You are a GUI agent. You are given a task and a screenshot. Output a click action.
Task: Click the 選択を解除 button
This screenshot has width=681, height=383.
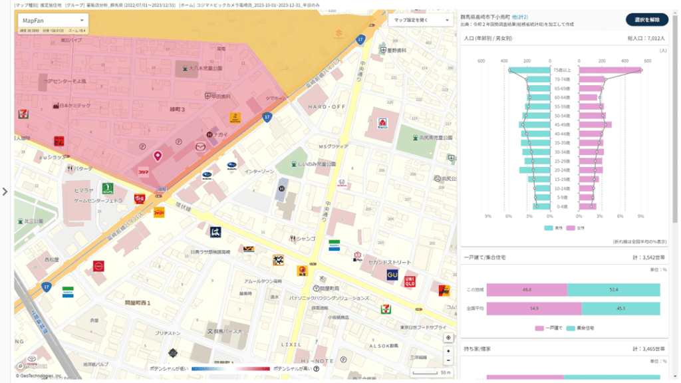646,19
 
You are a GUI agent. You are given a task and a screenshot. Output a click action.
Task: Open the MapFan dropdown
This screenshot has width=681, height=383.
52,21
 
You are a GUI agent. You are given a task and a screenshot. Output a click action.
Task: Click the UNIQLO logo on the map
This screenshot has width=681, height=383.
410,280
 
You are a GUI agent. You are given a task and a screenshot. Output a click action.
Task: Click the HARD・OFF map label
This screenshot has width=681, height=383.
327,106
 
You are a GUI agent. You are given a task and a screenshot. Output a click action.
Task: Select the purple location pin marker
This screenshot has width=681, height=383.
158,156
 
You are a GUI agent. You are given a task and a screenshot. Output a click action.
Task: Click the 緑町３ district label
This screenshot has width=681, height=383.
178,108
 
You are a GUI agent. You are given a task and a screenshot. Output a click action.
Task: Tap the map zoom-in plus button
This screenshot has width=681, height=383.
448,350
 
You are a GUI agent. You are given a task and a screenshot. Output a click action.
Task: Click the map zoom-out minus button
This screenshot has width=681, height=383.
448,360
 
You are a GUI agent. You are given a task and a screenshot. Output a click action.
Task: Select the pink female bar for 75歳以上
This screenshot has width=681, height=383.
609,70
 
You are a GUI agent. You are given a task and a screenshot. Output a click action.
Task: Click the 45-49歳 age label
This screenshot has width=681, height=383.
561,124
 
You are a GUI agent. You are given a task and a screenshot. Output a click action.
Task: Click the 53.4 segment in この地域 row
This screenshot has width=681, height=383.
613,290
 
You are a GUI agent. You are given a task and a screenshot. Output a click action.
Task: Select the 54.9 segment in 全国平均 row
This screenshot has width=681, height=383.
533,309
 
